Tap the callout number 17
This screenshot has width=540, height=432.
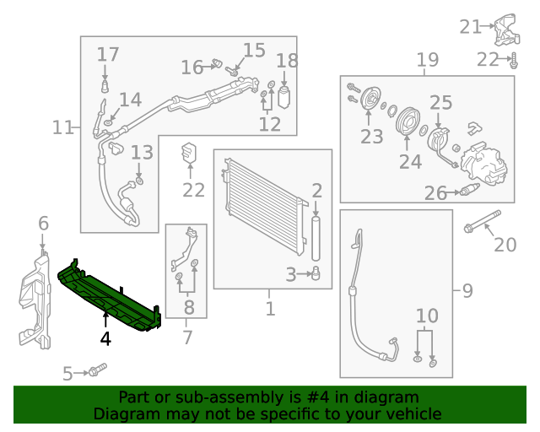(x=108, y=55)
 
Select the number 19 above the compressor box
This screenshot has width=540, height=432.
(x=428, y=60)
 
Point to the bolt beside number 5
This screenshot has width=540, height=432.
(x=97, y=370)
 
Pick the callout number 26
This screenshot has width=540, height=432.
(x=435, y=194)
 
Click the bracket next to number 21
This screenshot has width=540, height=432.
(x=505, y=31)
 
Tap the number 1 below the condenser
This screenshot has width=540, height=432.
(x=270, y=309)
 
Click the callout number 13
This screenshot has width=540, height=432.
(x=142, y=153)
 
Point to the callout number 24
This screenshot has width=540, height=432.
(x=410, y=161)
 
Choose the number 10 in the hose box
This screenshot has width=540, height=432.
(x=427, y=316)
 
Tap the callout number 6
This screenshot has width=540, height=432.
(x=43, y=224)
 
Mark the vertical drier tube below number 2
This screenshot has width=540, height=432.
(x=317, y=240)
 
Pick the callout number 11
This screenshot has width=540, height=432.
(x=62, y=127)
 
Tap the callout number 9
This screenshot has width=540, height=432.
(x=467, y=291)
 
